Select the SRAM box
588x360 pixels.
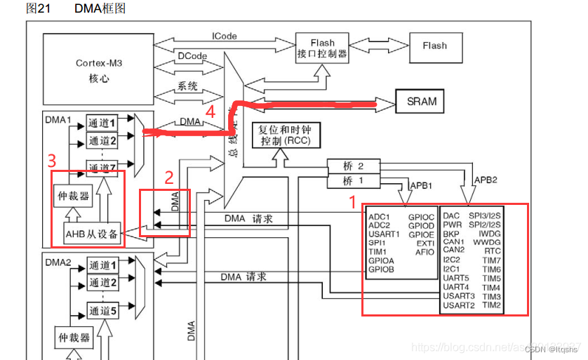tap(421, 101)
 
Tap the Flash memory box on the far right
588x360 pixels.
tap(434, 46)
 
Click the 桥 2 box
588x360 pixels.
tap(353, 167)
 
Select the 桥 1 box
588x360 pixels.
tap(353, 182)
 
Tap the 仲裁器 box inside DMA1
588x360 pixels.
tap(73, 196)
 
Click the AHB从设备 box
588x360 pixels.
tap(92, 234)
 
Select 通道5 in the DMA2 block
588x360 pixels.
tap(102, 310)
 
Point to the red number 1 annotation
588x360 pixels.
tap(352, 202)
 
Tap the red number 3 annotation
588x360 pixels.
tap(51, 161)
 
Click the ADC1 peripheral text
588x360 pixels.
tap(379, 216)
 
